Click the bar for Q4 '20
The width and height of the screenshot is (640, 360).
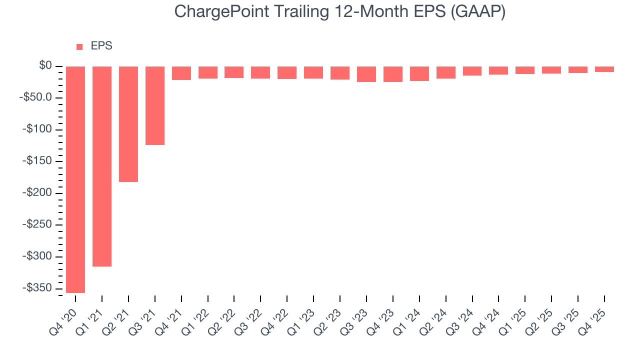(x=75, y=179)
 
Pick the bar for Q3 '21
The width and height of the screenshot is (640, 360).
(x=155, y=105)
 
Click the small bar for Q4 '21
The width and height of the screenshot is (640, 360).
(x=181, y=73)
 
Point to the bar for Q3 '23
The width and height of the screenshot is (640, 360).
(x=366, y=74)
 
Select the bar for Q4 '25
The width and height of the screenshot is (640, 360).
(x=604, y=69)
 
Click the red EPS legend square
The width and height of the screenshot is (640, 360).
(x=79, y=47)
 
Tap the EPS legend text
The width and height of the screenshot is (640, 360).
(x=101, y=46)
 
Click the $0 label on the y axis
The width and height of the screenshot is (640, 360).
(x=45, y=66)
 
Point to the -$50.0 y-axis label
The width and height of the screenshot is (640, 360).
(x=37, y=97)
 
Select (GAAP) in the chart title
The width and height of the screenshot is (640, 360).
(x=478, y=12)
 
